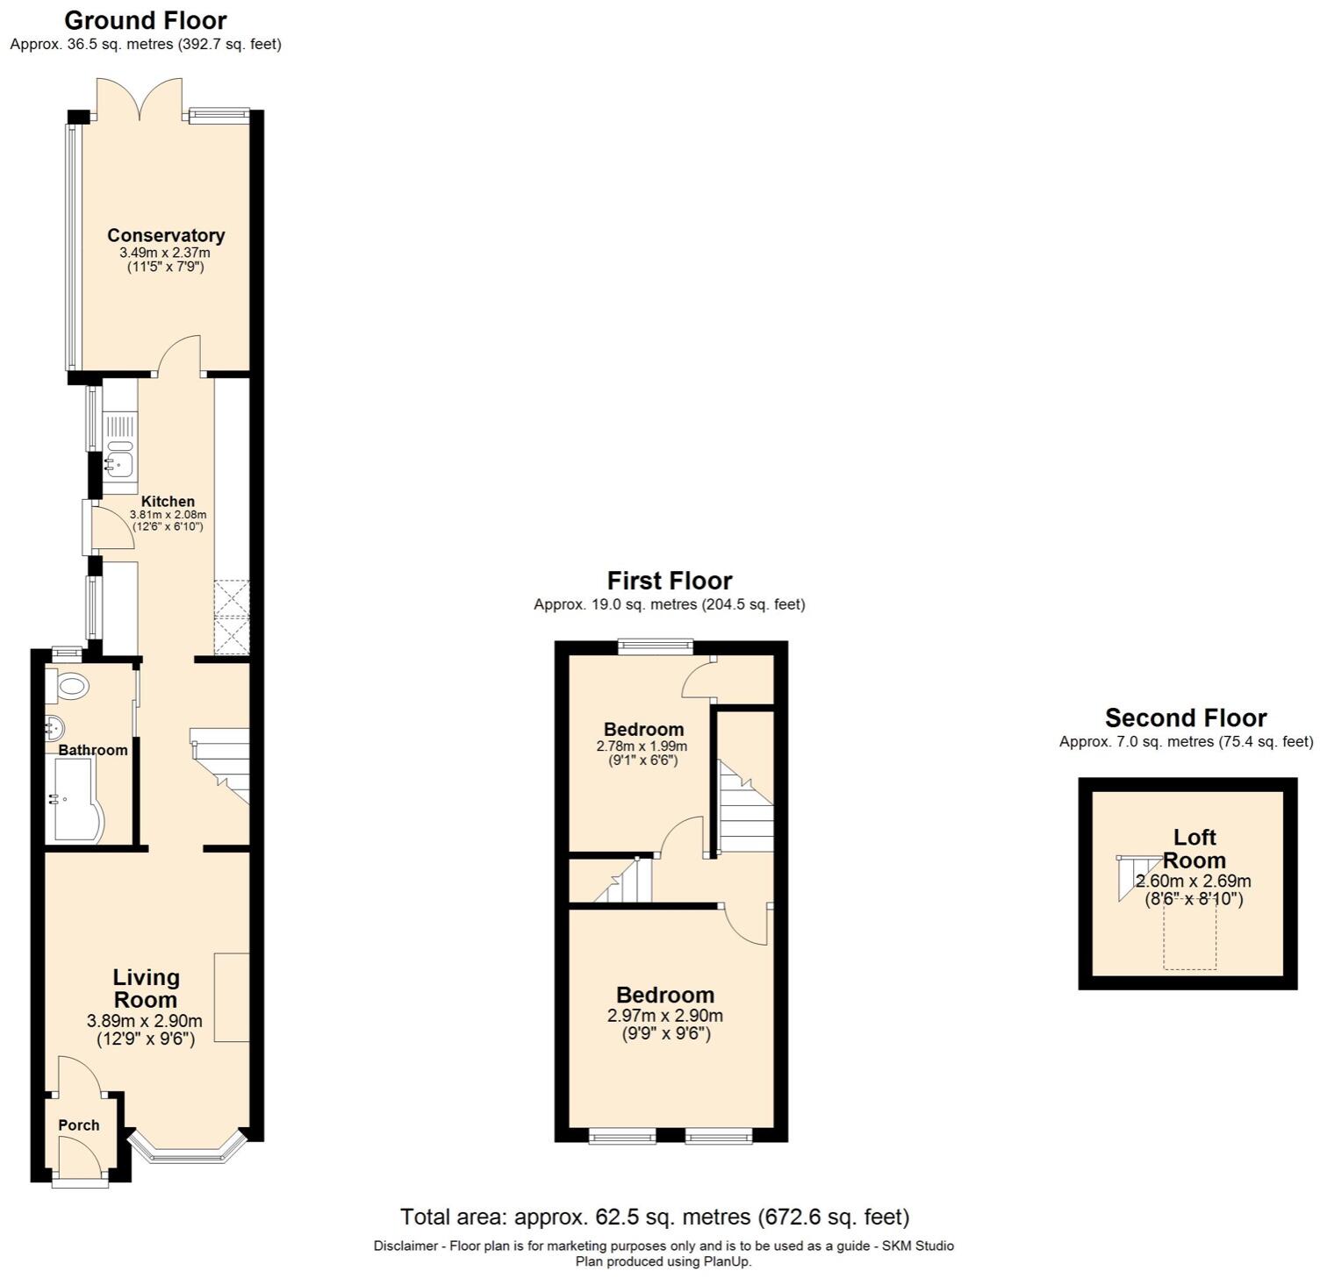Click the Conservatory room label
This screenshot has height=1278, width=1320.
(x=166, y=235)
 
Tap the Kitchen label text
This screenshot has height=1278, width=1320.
(x=168, y=502)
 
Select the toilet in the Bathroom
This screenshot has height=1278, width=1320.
(x=70, y=686)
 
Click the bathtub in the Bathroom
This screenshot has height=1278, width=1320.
(x=77, y=798)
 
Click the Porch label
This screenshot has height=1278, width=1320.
(x=79, y=1125)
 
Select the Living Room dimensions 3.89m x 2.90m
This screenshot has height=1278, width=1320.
(x=145, y=1021)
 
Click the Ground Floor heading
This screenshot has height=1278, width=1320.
(x=146, y=20)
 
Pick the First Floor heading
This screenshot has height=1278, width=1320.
(x=669, y=581)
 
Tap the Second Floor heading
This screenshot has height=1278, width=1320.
(x=1185, y=718)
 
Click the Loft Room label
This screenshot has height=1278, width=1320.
(x=1194, y=848)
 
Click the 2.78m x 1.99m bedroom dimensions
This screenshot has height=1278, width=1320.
(x=642, y=746)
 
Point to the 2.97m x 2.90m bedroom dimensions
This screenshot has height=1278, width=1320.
(x=664, y=1016)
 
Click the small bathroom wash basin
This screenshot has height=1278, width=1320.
(x=54, y=726)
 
